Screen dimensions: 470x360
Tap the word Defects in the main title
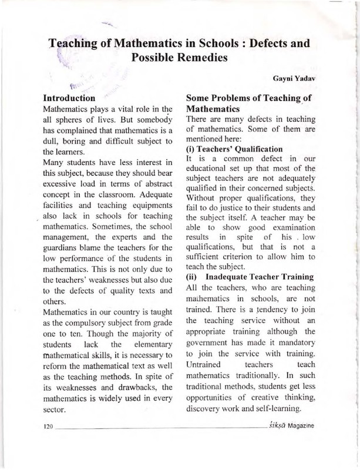click(x=260, y=43)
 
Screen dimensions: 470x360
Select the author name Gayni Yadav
click(x=294, y=78)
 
